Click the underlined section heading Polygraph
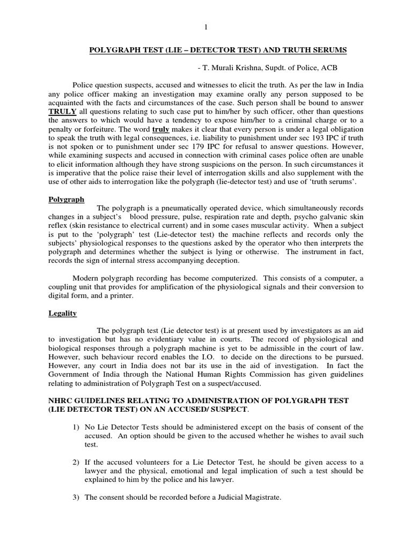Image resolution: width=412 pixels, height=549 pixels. (66, 199)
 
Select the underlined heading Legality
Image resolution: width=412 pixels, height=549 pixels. (62, 313)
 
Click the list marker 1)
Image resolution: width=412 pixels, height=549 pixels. (75, 427)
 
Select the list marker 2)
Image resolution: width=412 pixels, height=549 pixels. (75, 462)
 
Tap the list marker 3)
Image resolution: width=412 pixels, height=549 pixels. (75, 497)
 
